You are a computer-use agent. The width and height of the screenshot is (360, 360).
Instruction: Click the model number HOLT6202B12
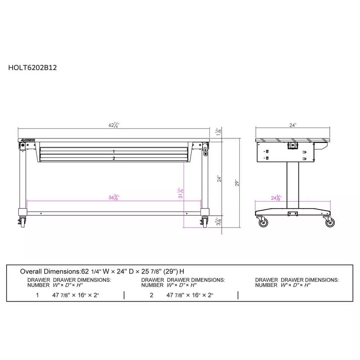coord(32,67)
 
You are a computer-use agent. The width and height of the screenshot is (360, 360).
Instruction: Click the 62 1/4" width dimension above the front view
coord(114,125)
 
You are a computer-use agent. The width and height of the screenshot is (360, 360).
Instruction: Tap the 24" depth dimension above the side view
coord(293,125)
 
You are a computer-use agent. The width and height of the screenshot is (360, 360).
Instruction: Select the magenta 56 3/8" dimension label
coord(114,197)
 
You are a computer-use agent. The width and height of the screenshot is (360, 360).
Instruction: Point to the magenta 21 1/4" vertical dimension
coord(181,193)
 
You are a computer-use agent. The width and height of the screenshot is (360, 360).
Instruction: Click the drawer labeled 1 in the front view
coord(114,152)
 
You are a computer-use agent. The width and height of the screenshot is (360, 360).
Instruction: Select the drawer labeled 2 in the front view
coord(114,158)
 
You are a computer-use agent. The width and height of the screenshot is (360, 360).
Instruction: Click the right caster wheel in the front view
coord(205,222)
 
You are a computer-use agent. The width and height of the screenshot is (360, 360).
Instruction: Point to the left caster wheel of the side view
coord(264,223)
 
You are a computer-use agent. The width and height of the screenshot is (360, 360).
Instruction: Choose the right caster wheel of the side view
coord(330,223)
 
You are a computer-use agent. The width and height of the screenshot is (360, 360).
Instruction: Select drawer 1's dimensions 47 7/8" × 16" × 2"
coord(76,295)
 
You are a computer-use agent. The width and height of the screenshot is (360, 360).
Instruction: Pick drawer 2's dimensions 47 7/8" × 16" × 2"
coord(190,295)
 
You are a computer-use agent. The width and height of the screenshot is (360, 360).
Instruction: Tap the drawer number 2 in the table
coord(152,295)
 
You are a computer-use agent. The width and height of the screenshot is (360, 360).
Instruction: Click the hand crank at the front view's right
coord(206,150)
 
